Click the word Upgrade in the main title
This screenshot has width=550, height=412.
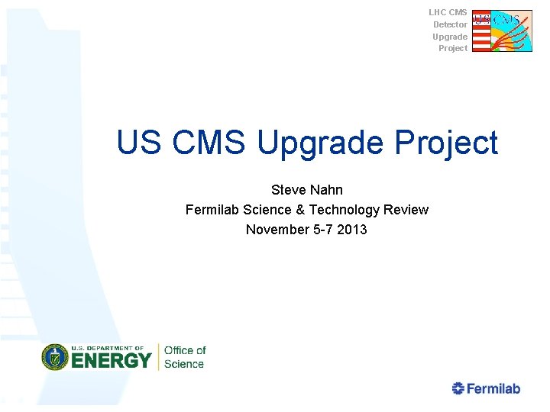[321, 143]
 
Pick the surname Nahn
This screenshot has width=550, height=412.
[327, 189]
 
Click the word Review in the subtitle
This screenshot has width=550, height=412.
[406, 210]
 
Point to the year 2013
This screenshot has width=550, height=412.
[351, 230]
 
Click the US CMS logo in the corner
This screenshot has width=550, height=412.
[502, 31]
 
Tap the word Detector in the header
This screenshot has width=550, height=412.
[450, 24]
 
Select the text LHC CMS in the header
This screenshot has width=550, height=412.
[448, 12]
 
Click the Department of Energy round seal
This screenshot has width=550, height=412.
[55, 357]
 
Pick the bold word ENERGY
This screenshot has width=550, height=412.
[112, 360]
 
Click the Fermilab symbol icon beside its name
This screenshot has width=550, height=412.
[458, 388]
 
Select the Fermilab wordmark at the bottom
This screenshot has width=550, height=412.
[493, 388]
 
